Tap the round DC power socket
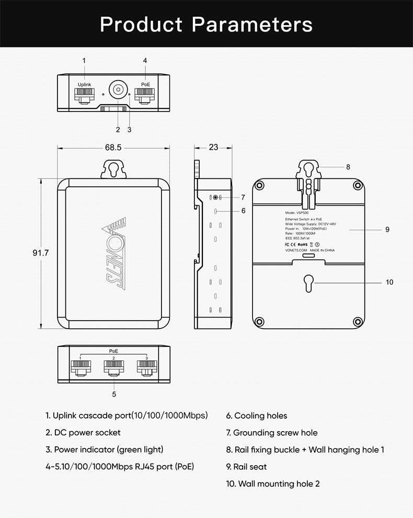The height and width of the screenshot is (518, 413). tap(118, 90)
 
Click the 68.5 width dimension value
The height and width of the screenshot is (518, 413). tap(113, 148)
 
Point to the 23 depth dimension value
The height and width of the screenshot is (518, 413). tap(213, 148)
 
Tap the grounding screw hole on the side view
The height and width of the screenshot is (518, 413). tap(215, 197)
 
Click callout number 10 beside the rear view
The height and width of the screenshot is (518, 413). tap(389, 282)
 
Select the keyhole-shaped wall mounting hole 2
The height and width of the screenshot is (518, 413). tap(307, 282)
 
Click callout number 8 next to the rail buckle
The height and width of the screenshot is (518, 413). tap(348, 167)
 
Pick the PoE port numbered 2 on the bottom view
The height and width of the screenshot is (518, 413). tap(113, 367)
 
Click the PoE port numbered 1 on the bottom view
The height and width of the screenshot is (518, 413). tap(81, 367)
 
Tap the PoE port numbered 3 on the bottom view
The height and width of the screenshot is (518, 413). tap(146, 367)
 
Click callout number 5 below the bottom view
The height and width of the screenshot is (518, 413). tap(114, 394)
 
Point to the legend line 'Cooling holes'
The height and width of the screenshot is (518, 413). tap(256, 416)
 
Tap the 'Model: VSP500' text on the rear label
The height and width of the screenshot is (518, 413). tap(299, 213)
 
